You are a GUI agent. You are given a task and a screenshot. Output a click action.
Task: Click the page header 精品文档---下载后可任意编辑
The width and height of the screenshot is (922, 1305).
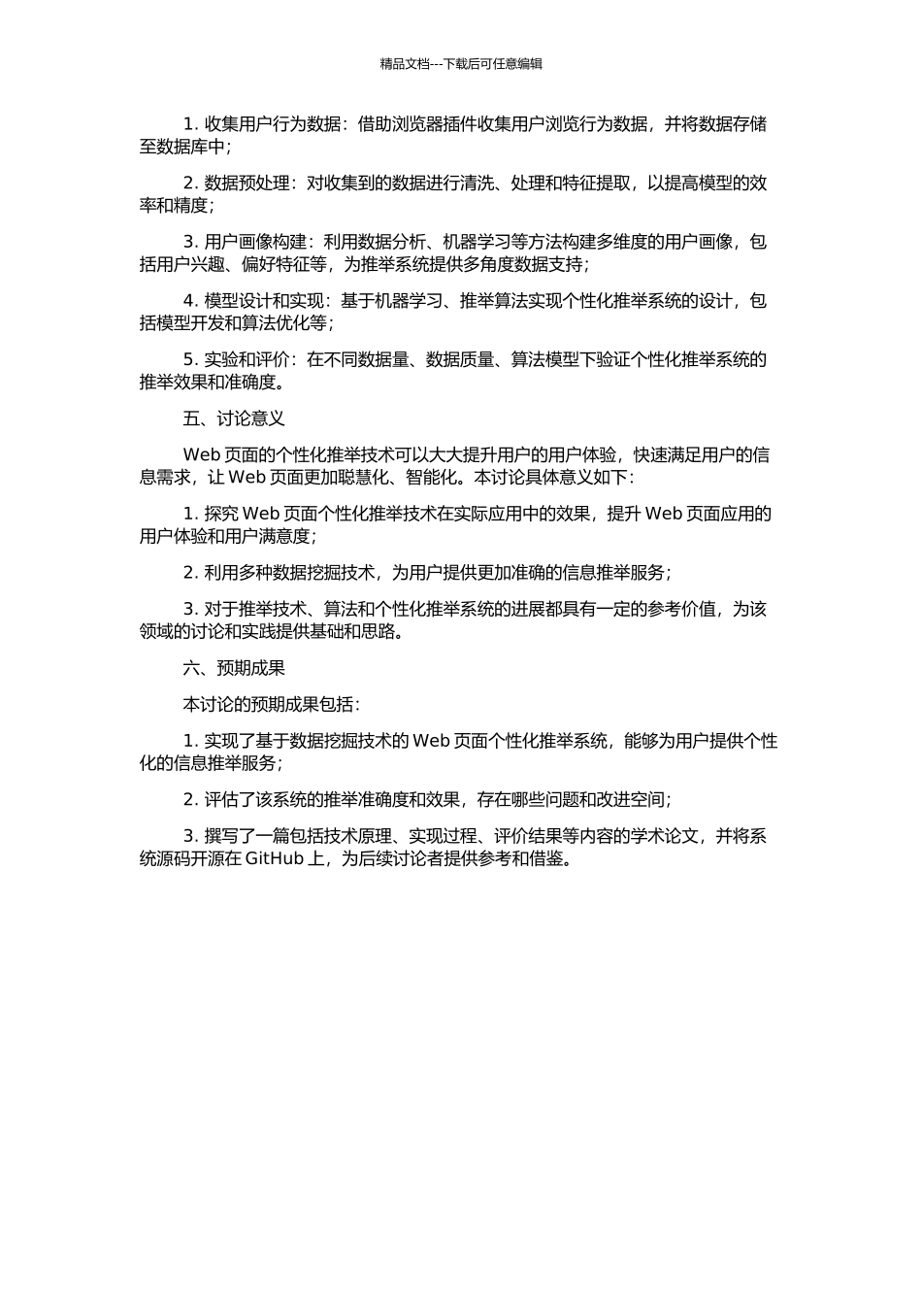(x=461, y=64)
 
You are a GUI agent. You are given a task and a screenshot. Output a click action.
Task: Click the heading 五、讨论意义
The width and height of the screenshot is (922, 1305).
(x=233, y=418)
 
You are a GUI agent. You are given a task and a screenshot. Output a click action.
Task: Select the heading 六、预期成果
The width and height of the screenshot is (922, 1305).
(x=233, y=668)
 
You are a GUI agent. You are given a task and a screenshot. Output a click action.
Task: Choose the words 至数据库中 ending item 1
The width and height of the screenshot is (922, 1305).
(x=181, y=148)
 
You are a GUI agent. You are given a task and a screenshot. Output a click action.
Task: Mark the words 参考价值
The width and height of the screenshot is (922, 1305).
(x=681, y=610)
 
